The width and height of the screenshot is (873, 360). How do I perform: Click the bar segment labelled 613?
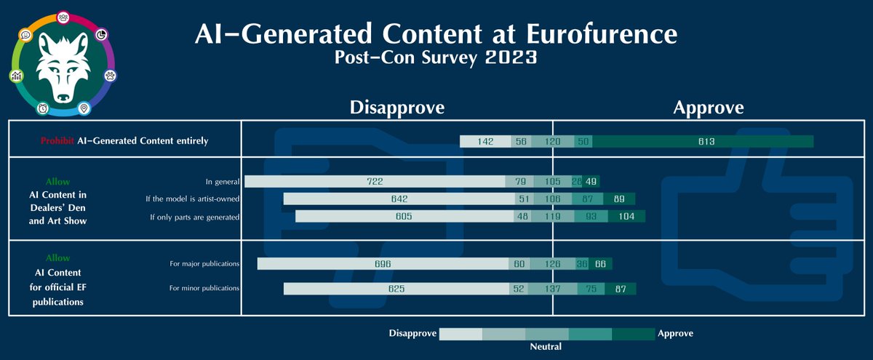click(702, 141)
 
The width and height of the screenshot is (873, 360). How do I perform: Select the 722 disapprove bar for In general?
click(375, 181)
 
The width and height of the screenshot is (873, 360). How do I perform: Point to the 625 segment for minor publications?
click(396, 289)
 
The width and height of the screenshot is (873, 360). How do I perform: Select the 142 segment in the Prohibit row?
click(486, 141)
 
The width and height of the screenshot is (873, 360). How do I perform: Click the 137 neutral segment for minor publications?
click(554, 289)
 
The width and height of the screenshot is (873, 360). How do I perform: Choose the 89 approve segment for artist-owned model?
click(619, 199)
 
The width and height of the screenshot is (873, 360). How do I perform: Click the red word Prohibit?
click(56, 141)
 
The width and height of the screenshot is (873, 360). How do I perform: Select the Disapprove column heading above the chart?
click(396, 108)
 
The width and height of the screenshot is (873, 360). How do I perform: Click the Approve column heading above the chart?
click(708, 108)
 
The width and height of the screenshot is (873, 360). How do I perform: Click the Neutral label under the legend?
click(546, 347)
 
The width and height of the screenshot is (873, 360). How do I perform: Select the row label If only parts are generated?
click(194, 217)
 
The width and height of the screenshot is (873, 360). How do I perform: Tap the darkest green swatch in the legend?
click(633, 334)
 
